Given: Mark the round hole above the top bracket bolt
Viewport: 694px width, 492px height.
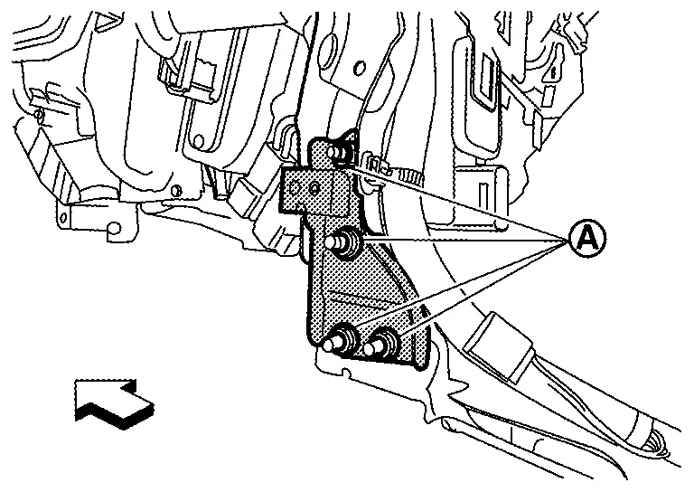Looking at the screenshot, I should pos(360,67).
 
